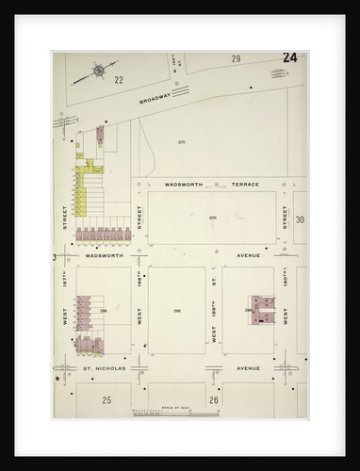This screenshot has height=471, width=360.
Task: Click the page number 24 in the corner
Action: pyautogui.click(x=289, y=58)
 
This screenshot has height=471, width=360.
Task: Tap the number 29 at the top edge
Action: pyautogui.click(x=236, y=59)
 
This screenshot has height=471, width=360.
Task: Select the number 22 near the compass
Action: pyautogui.click(x=120, y=81)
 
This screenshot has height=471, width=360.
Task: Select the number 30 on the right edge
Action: pyautogui.click(x=300, y=219)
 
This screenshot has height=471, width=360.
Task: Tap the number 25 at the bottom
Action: pyautogui.click(x=107, y=400)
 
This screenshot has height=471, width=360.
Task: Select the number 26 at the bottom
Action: pyautogui.click(x=214, y=400)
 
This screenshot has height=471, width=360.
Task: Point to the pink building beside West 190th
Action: pyautogui.click(x=260, y=311)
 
